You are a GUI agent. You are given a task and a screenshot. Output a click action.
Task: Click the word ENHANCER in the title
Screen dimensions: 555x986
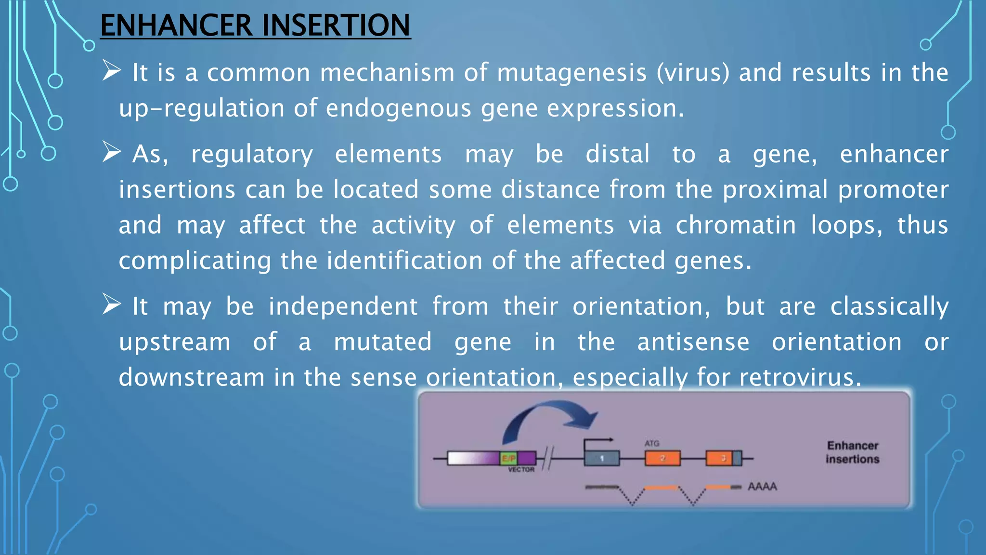[176, 25]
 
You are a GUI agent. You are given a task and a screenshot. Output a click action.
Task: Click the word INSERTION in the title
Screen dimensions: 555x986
[336, 25]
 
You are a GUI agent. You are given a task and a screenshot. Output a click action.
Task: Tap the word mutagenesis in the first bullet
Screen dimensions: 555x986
[571, 73]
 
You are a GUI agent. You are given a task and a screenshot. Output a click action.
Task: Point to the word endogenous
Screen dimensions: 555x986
[399, 108]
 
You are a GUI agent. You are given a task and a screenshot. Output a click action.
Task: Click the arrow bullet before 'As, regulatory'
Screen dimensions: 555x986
[111, 153]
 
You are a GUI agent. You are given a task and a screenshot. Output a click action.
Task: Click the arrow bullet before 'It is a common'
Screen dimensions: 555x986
[111, 71]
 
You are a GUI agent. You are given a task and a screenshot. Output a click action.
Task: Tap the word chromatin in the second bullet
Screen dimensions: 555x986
[735, 225]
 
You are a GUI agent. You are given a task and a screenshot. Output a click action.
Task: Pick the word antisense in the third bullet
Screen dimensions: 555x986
[693, 342]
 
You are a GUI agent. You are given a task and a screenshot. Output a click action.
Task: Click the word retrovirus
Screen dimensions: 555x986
[799, 377]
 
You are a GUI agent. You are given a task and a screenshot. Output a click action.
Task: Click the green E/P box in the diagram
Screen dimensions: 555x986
[509, 458]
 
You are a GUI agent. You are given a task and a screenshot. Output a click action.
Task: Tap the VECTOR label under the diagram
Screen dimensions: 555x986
[521, 470]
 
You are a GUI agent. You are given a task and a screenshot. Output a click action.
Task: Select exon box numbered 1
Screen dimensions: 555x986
[602, 458]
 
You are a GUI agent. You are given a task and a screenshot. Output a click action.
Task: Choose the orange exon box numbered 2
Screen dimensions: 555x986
[662, 458]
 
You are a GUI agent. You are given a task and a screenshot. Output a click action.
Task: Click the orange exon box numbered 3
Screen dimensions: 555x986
[719, 458]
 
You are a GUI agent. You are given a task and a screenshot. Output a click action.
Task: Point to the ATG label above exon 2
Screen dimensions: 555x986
[652, 443]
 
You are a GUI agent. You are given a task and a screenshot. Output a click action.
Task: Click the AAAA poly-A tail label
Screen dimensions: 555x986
[762, 487]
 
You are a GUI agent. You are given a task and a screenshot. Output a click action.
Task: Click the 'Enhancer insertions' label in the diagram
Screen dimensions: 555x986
[853, 452]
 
